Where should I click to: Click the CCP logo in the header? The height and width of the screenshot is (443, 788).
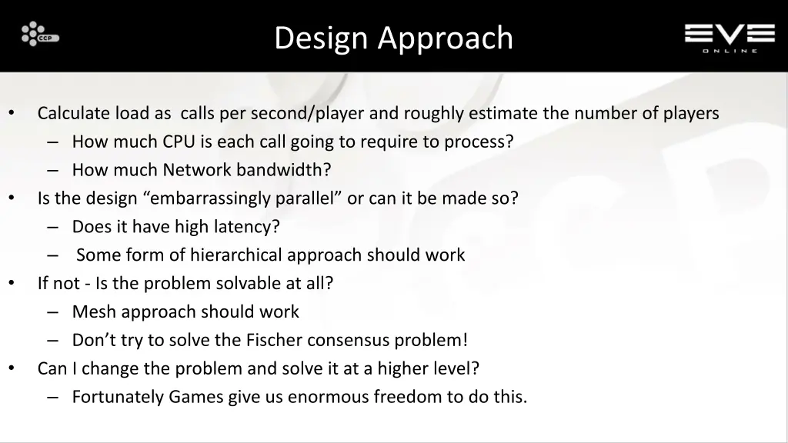40,35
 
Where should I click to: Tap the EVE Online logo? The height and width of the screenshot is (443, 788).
730,37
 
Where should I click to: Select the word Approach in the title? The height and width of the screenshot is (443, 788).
446,38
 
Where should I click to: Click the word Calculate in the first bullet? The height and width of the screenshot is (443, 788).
74,114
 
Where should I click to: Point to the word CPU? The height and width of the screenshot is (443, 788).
179,142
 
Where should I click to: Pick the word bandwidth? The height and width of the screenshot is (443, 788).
284,170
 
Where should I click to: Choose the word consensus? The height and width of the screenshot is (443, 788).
350,340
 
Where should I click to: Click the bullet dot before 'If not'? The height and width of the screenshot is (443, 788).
12,283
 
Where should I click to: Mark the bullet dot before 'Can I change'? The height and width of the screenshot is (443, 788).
12,368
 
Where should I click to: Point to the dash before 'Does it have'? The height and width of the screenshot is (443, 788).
52,227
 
